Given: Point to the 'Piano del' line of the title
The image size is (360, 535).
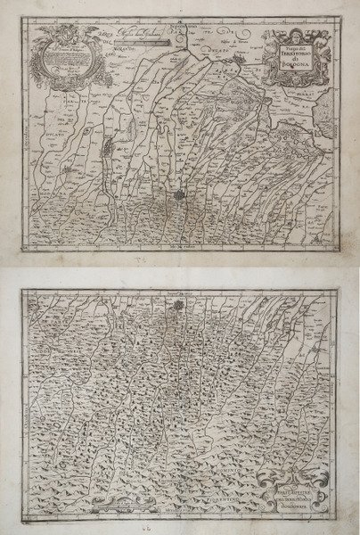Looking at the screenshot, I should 287,46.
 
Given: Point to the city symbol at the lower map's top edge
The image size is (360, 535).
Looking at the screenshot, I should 181,308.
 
